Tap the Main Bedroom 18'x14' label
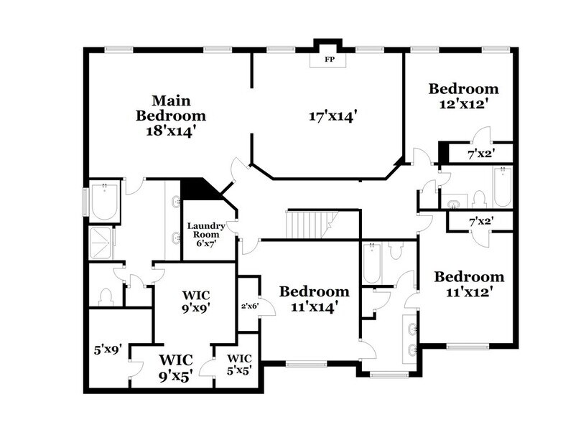click(x=171, y=115)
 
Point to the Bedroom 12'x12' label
click(x=463, y=95)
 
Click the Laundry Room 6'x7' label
click(x=207, y=235)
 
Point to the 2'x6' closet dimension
click(x=248, y=305)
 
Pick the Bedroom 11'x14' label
click(x=314, y=299)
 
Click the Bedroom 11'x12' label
click(x=469, y=284)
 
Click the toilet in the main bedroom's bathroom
click(x=105, y=296)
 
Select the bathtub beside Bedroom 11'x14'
click(x=372, y=265)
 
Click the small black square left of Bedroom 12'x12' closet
click(x=443, y=152)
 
